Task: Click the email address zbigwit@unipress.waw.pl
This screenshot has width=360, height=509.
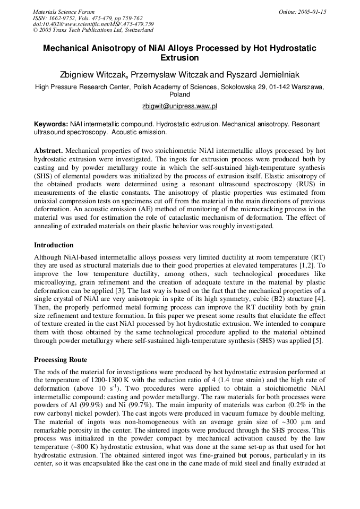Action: pos(179,106)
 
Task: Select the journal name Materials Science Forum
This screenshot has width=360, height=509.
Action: pos(64,12)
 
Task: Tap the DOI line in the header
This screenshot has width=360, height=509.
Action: pos(93,24)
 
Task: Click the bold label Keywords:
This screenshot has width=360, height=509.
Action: pos(51,123)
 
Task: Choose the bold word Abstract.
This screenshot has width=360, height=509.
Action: pos(49,151)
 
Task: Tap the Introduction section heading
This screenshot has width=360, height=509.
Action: pos(54,245)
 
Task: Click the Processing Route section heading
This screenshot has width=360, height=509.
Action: pos(60,359)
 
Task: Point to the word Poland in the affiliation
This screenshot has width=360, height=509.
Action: pos(179,94)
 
